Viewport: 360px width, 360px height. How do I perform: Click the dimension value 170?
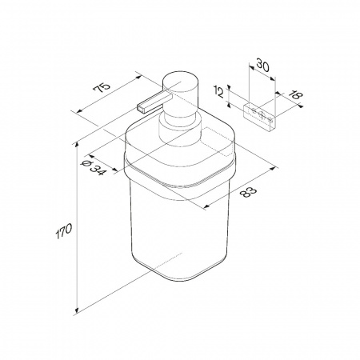pyautogui.click(x=64, y=231)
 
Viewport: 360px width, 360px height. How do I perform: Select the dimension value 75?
pyautogui.click(x=102, y=87)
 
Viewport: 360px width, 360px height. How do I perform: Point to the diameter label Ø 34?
pyautogui.click(x=94, y=168)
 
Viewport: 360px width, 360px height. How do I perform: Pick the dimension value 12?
pyautogui.click(x=219, y=93)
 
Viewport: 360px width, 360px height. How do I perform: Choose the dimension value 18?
pyautogui.click(x=296, y=95)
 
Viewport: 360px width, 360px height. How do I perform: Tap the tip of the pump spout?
pyautogui.click(x=140, y=109)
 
